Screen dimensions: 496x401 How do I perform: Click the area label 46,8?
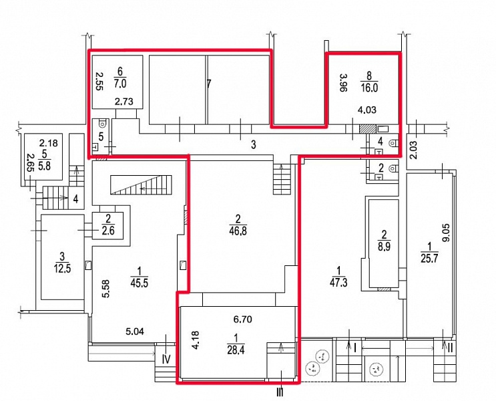coord(238,231)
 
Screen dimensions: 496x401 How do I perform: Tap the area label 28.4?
coord(236,350)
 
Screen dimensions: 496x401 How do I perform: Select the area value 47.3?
coord(338,282)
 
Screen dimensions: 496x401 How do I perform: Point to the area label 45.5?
coord(139,283)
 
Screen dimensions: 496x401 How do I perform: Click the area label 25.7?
coord(429,258)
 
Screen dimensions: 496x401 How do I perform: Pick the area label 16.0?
coord(369,88)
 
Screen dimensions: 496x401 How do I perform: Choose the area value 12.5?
coord(62,269)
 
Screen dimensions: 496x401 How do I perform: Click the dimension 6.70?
coord(242,319)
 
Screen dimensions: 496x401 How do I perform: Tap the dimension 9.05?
coord(446,233)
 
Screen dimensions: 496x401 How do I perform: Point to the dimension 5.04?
coord(135,331)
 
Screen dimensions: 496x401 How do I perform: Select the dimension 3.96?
coord(342,83)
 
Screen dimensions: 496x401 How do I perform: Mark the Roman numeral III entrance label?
coord(280,393)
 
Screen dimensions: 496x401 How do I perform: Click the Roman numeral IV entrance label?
coord(166,359)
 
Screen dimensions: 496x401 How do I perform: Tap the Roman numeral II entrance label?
coord(450,348)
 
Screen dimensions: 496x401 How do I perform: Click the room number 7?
coord(208,84)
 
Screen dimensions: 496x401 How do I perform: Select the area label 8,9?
coord(384,246)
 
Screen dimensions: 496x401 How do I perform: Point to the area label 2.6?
coord(108,231)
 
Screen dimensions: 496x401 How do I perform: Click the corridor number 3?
coord(254,145)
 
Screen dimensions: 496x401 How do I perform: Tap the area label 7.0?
coord(120,84)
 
